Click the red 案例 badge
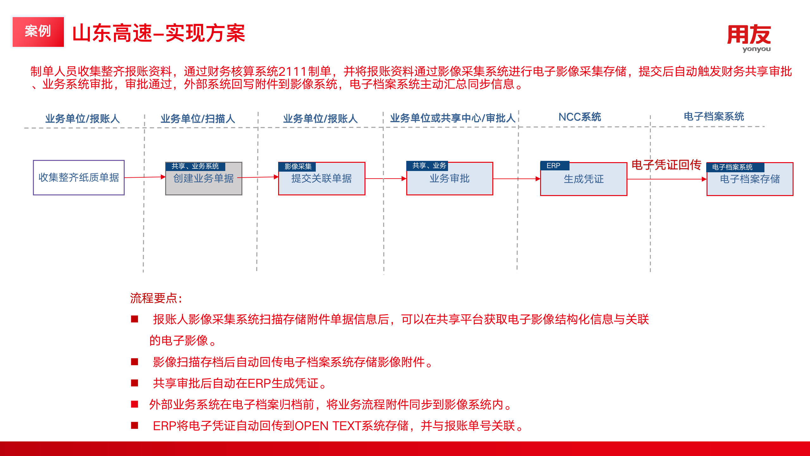38,32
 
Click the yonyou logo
749,38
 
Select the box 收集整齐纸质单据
79,178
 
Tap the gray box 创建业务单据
204,179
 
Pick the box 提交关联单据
322,179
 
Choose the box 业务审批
450,179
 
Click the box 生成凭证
584,179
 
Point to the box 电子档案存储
750,179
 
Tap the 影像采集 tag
297,167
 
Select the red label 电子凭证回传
666,165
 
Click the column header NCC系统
580,117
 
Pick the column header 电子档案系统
714,116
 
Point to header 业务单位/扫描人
198,118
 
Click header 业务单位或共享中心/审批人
453,118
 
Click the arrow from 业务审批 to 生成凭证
517,179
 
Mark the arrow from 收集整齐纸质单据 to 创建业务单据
145,177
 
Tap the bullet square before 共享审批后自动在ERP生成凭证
135,383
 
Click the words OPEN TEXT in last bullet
327,426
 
